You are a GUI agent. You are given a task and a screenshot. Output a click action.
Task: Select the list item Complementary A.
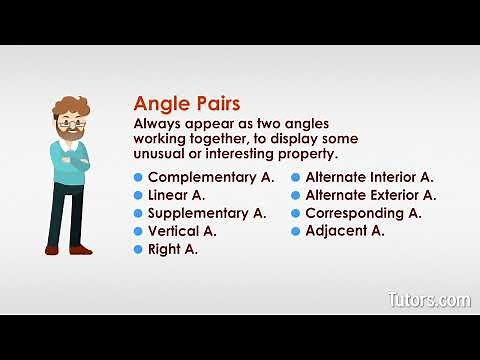point(210,177)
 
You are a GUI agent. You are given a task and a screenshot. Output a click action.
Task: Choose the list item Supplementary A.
point(206,213)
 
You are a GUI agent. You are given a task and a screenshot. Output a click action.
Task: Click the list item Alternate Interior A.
point(369,177)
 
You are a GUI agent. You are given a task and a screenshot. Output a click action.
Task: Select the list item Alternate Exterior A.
point(370,195)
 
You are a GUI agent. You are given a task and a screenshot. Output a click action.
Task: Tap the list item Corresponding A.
point(363,213)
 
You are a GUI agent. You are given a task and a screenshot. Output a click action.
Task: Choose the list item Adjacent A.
point(345,231)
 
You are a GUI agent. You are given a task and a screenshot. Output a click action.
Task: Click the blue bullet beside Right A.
point(139,249)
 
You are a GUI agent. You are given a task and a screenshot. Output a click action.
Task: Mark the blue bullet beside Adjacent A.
point(296,231)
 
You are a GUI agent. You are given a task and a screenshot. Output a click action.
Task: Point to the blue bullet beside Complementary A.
point(139,177)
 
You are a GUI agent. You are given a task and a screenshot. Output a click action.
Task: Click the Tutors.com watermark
point(428,299)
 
